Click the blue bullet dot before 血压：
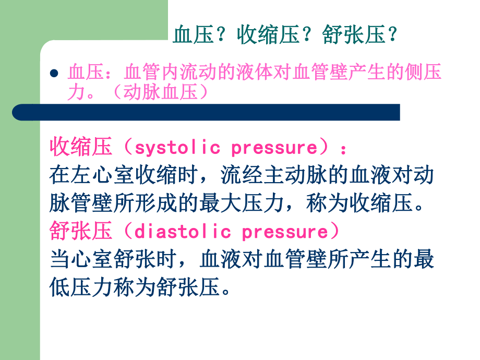click(54, 74)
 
